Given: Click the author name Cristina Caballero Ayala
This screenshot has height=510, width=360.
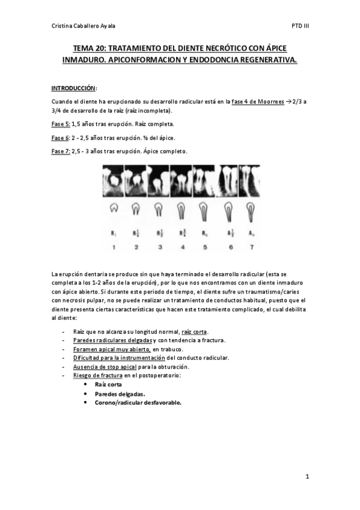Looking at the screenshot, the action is coord(85,26).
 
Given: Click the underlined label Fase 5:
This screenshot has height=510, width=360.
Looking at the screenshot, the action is coord(60,124).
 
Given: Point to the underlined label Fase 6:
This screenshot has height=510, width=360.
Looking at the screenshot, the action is coord(60,137).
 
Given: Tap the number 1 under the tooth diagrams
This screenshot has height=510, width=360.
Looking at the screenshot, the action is coord(112,247).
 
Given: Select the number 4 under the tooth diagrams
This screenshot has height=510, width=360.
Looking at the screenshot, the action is coord(181,247).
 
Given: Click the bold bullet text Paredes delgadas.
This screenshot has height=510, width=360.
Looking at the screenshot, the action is coord(120,393).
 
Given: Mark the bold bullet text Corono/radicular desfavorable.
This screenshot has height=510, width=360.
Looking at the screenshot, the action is coord(138,402).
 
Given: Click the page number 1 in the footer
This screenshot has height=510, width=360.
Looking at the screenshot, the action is coord(307,477).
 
